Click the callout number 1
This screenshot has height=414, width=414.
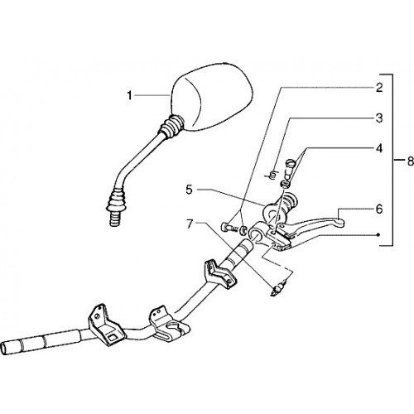129,96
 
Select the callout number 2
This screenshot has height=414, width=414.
379,88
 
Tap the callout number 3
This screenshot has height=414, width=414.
379,118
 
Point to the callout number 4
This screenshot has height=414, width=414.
379,148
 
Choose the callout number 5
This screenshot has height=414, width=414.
189,190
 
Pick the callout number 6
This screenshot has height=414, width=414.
379,209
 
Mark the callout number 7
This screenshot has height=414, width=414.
189,224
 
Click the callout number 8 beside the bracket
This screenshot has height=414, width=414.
411,161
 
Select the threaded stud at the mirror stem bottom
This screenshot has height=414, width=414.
116,219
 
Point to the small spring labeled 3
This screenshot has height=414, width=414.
272,176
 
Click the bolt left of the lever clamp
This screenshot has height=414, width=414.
229,228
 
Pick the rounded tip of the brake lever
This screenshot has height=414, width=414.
339,221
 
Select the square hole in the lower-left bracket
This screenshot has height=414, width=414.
113,337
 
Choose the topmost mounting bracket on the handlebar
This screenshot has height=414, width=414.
219,274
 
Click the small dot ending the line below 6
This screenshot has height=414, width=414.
378,234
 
